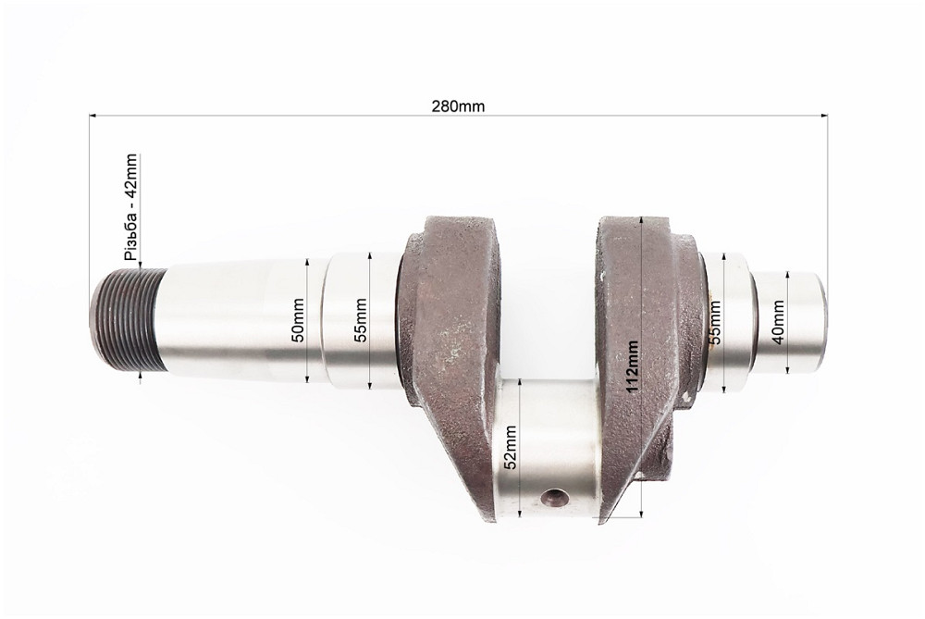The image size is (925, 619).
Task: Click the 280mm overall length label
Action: [458, 105]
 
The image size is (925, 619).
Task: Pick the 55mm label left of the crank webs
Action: [361, 320]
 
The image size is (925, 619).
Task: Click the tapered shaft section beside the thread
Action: [231, 320]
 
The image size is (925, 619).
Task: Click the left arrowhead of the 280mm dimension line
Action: [92, 116]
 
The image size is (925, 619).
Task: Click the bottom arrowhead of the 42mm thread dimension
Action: [140, 374]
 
